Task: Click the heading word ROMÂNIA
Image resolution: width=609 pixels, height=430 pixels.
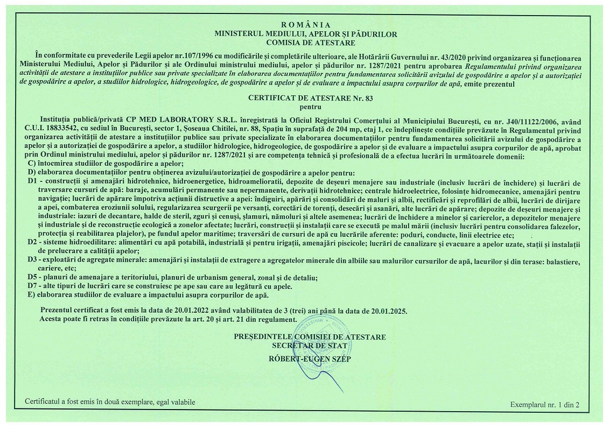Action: [305, 25]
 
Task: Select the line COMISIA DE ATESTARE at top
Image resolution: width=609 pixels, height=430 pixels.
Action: [305, 41]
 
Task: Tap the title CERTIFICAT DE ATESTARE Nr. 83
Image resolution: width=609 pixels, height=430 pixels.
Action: [304, 98]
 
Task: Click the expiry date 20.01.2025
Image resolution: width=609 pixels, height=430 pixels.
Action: [388, 311]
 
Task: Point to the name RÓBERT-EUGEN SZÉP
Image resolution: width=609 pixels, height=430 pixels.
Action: [309, 358]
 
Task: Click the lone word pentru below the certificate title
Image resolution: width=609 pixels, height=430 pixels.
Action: [304, 107]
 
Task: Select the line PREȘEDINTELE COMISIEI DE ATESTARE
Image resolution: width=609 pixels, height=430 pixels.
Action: [310, 337]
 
